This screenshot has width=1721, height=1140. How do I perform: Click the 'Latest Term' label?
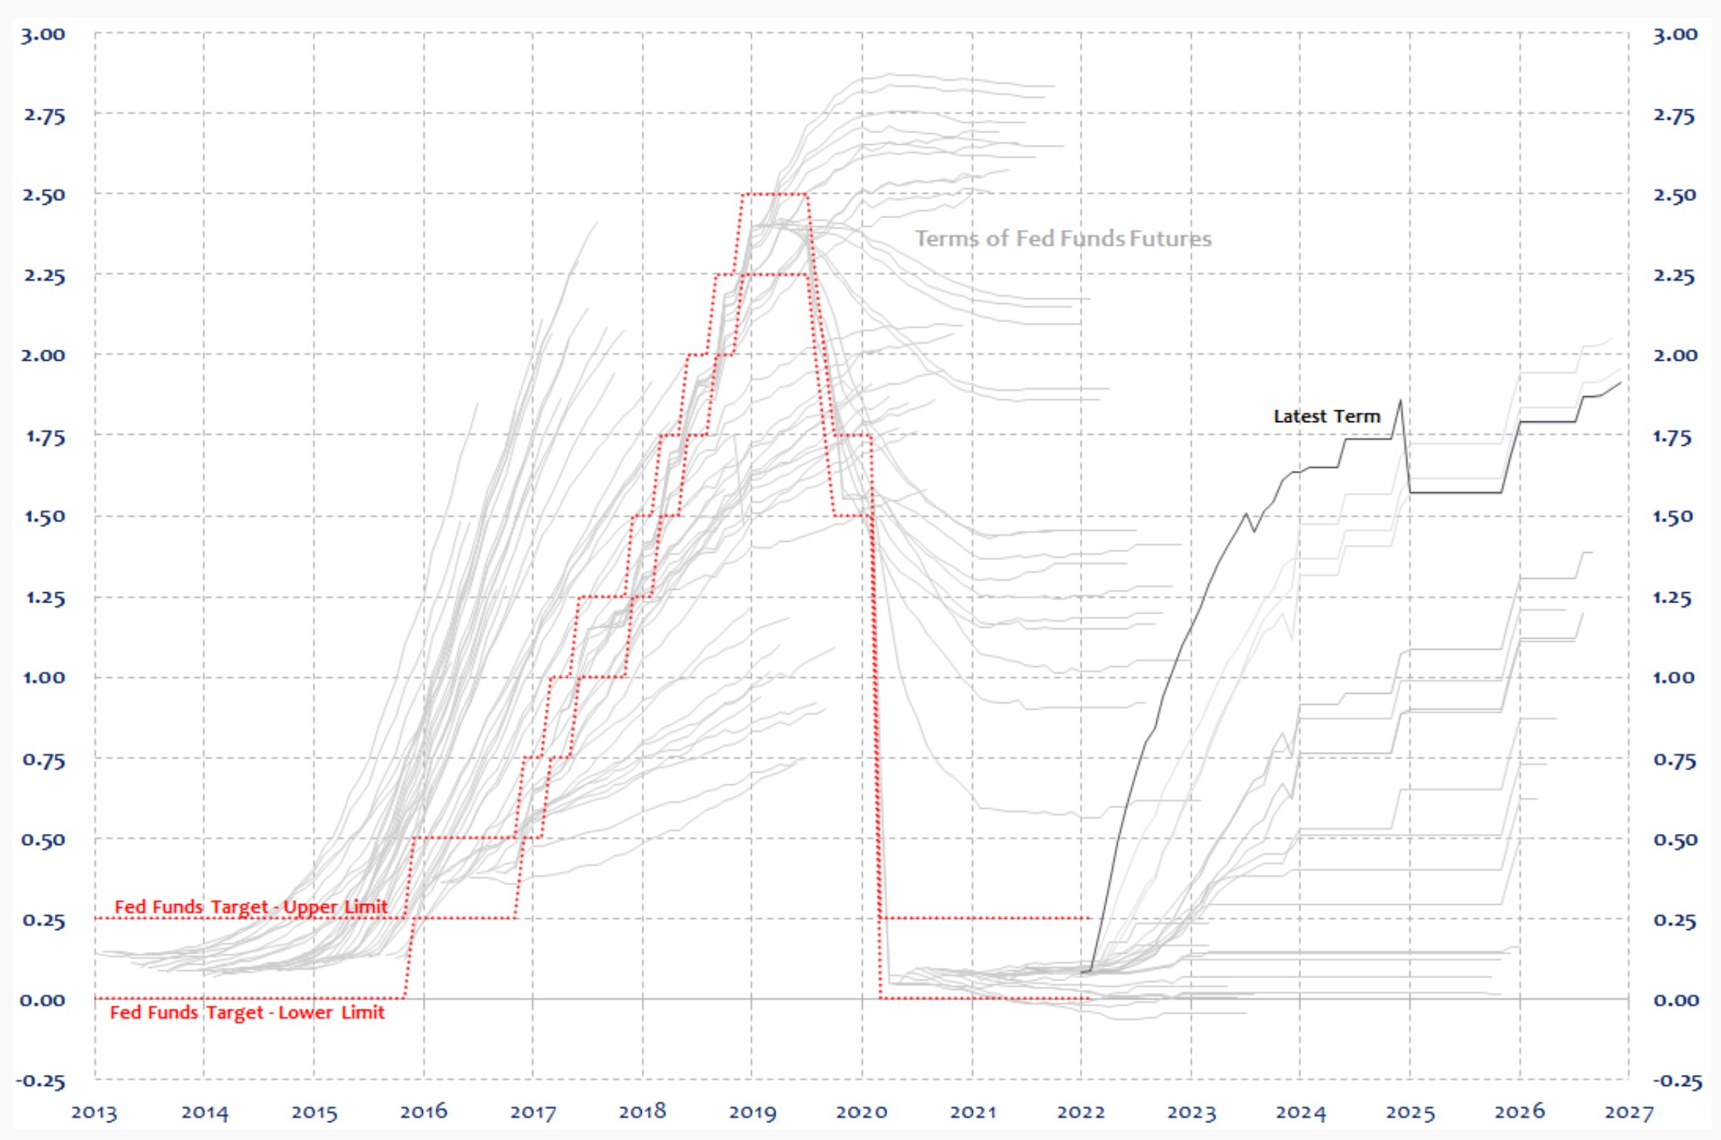pos(1326,416)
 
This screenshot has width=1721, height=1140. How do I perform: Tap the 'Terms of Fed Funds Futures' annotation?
pos(1063,238)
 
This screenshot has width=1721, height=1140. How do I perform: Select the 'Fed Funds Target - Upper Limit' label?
pos(251,906)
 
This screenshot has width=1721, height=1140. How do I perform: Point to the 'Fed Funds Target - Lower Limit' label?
pos(247,1012)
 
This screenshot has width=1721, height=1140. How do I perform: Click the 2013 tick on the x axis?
pos(94,1112)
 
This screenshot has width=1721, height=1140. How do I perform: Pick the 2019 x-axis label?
pos(752,1112)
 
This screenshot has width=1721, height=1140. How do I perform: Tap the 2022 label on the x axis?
pos(1081,1112)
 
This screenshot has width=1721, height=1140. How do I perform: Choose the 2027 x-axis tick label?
pos(1629,1112)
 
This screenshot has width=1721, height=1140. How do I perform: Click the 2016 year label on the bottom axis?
pos(424,1112)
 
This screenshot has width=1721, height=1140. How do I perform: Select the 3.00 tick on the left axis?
pos(43,34)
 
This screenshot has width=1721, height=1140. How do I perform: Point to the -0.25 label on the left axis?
pos(41,1081)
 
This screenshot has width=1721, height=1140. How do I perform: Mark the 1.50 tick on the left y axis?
pos(44,516)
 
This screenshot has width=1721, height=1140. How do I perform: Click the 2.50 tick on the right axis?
pos(1674,195)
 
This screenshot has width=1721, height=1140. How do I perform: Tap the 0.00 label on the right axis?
pos(1676,1000)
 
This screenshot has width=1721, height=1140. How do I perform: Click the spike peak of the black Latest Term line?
pos(1400,401)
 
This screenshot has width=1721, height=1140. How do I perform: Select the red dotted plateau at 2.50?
pos(774,194)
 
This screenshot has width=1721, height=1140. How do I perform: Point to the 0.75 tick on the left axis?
pos(44,759)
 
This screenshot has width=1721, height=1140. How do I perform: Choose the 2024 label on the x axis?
pos(1300,1112)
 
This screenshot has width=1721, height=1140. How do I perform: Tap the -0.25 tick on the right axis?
pos(1677,1081)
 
